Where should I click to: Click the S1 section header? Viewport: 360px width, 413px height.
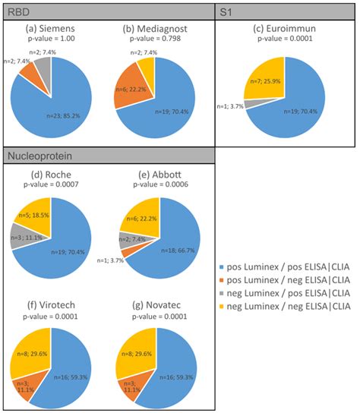click(227, 12)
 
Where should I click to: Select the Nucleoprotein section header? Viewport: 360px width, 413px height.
click(38, 159)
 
